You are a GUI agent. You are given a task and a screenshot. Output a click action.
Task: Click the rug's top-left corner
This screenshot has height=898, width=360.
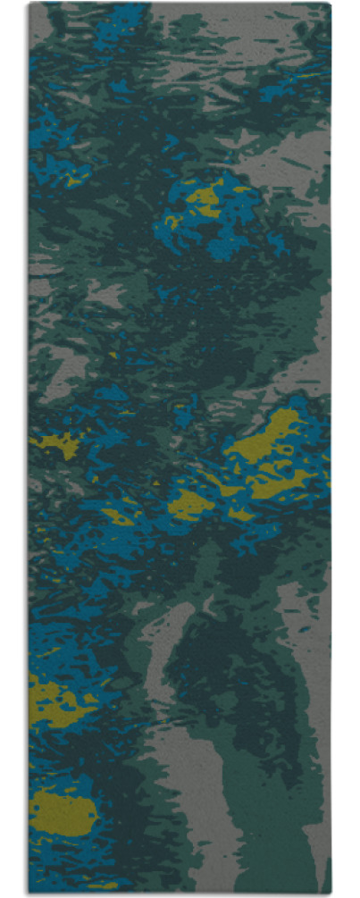pyautogui.click(x=29, y=4)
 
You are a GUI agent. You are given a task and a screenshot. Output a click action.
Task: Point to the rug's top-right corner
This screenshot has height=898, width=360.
pyautogui.click(x=331, y=4)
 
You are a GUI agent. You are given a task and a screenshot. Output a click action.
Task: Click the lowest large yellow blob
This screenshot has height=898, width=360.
pyautogui.click(x=63, y=811)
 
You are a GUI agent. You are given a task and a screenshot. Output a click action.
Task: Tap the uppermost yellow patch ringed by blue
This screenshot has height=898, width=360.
pyautogui.click(x=205, y=198)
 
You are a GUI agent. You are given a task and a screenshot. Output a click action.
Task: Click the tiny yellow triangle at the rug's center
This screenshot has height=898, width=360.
pyautogui.click(x=156, y=483)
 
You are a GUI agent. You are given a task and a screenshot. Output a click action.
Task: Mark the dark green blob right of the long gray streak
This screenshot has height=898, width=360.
pyautogui.click(x=232, y=679)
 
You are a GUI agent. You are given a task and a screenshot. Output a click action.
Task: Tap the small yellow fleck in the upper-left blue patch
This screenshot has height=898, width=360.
pyautogui.click(x=71, y=179)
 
